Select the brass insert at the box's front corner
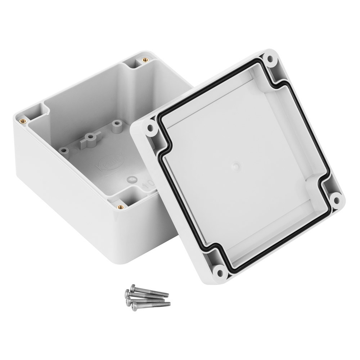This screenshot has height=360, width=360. (x=121, y=206)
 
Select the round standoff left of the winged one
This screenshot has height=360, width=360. (x=64, y=150)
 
